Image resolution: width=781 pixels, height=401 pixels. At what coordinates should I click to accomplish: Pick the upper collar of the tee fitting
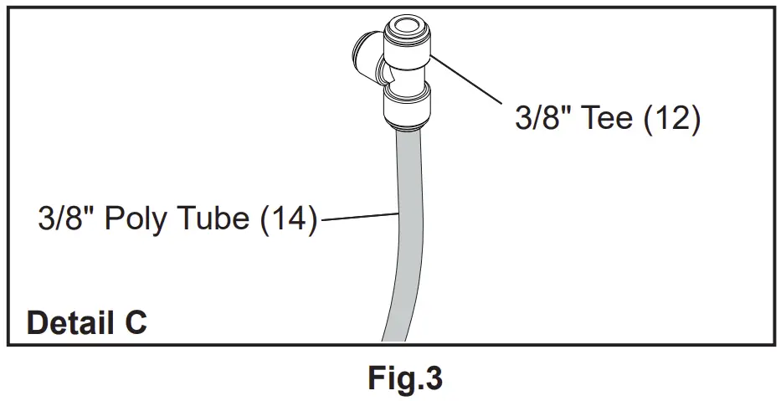click(406, 40)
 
